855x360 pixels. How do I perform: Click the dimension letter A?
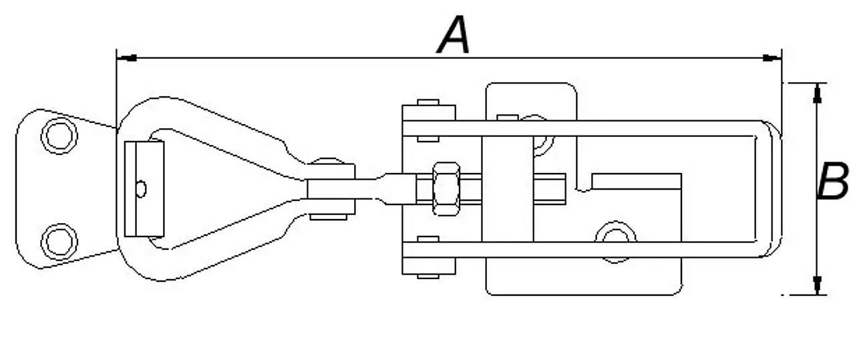tap(454, 37)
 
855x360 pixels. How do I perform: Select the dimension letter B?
tap(833, 182)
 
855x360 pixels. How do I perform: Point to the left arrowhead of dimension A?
tap(127, 58)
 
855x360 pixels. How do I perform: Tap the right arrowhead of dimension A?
tap(772, 58)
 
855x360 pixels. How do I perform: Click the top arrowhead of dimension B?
tap(816, 93)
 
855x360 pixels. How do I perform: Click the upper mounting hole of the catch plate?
tap(59, 136)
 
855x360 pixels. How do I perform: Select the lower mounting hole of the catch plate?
tap(59, 240)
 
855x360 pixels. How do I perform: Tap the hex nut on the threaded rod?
tap(446, 188)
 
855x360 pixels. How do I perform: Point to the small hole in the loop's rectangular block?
tap(140, 189)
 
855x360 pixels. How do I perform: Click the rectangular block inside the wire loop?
tap(144, 189)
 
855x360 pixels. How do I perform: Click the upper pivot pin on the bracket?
tap(427, 104)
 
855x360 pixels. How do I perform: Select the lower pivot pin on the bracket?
tap(427, 274)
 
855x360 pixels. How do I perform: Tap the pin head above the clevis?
tap(327, 162)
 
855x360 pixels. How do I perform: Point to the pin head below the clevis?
tap(327, 216)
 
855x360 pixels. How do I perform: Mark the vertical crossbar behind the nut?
tap(508, 189)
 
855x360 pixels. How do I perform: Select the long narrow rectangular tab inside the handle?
tap(636, 181)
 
